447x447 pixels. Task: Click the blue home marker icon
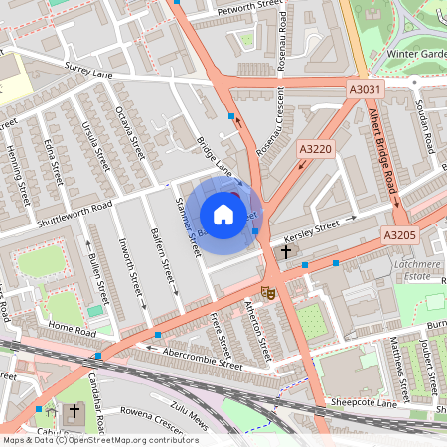(223, 215)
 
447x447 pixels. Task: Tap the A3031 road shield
(365, 90)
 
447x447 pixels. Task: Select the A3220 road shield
(314, 148)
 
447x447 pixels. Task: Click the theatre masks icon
(267, 292)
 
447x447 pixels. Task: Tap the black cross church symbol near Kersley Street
(286, 251)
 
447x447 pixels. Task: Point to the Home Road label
(69, 329)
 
